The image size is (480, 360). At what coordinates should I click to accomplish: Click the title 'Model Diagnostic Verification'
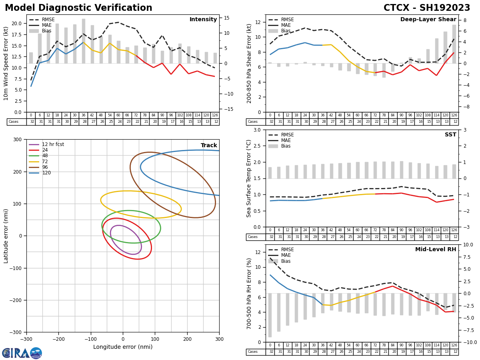78,8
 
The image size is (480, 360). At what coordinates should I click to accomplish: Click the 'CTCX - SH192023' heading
427,8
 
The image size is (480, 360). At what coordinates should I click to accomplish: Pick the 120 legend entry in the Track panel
46,173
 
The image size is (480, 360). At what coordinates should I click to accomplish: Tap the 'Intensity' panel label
203,20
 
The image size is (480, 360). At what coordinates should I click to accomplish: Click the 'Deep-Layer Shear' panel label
428,20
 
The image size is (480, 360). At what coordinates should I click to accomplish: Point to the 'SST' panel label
450,135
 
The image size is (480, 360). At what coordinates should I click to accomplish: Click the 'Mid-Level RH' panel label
436,250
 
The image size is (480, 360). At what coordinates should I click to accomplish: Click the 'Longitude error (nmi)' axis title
123,347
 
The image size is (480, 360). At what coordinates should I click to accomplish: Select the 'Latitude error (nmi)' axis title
6,236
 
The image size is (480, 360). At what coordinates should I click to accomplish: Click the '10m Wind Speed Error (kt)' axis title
6,63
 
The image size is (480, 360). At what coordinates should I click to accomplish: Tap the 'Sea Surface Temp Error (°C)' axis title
249,178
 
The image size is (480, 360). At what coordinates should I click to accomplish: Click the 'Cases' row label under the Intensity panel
14,122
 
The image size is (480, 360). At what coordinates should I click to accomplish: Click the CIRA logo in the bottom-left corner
22,353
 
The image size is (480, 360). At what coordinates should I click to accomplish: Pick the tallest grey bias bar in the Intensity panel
84,41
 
